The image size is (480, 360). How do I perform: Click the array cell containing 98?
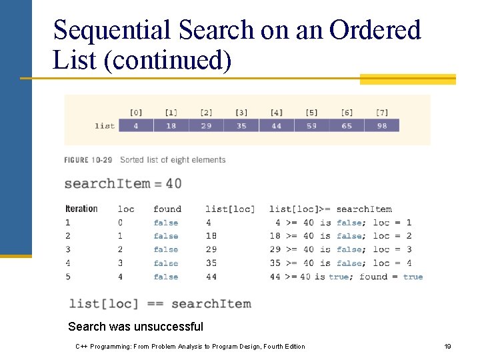(381, 125)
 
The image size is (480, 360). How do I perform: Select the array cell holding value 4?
(136, 125)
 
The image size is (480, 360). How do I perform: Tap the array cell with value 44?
(276, 125)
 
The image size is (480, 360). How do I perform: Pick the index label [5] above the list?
(311, 112)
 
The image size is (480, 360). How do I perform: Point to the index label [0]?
(136, 112)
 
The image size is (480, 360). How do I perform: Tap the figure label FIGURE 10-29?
(88, 160)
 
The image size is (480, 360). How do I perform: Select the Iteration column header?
(81, 209)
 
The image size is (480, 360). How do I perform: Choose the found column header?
(167, 209)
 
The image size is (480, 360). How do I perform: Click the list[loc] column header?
(230, 209)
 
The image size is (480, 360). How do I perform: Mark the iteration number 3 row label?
(68, 249)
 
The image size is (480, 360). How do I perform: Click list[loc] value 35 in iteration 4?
(211, 263)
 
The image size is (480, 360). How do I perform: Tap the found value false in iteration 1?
(165, 223)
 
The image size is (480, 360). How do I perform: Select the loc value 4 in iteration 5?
(120, 277)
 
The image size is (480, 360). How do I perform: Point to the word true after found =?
(413, 277)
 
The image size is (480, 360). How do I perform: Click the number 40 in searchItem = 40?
(173, 183)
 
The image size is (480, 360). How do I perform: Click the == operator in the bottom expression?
(155, 304)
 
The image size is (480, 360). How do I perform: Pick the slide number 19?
(447, 347)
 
